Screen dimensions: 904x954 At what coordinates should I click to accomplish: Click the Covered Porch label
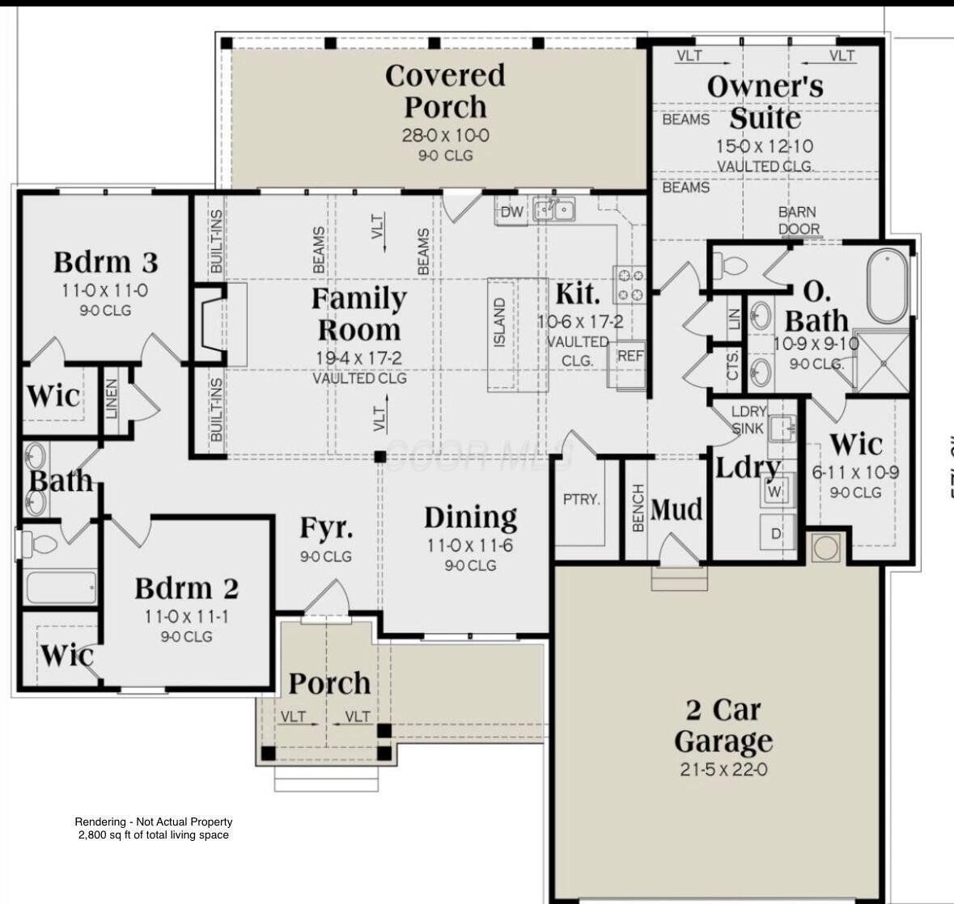click(x=445, y=91)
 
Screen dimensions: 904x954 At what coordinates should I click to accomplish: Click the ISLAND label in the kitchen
click(x=500, y=323)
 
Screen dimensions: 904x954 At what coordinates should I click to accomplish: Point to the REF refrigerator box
click(x=630, y=356)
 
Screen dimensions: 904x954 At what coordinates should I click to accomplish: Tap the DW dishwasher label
click(x=511, y=213)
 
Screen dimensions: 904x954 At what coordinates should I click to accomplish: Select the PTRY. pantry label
click(x=582, y=499)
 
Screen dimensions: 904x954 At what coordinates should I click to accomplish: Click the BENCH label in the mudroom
click(x=638, y=509)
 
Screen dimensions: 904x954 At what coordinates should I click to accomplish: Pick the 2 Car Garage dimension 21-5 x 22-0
click(x=723, y=770)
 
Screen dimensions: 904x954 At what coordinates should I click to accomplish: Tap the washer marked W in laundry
click(x=775, y=490)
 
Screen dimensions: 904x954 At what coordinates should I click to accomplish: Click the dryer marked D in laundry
click(x=776, y=534)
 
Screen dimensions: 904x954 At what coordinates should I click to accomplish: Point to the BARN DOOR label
click(x=797, y=220)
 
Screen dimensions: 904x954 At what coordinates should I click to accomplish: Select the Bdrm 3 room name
click(x=105, y=262)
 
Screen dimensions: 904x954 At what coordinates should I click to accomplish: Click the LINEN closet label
click(x=112, y=399)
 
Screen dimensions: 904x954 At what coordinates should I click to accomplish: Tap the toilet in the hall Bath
click(x=38, y=544)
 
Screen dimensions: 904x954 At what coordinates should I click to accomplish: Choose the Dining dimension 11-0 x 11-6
click(x=469, y=546)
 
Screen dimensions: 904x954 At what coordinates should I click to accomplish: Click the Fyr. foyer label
click(x=326, y=528)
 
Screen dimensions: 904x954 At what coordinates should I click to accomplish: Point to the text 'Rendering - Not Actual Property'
click(x=154, y=822)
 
